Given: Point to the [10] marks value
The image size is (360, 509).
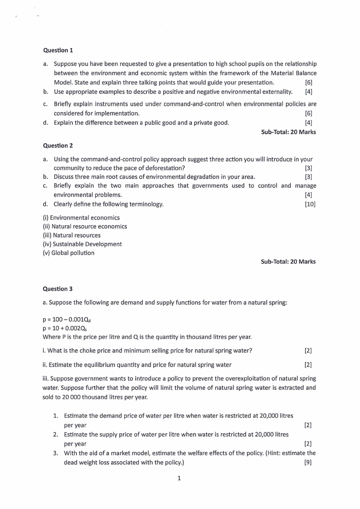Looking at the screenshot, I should [310, 204].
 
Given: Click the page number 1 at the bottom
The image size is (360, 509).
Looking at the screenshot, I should [180, 478].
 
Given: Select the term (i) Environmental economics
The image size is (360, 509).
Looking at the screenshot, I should [81, 218].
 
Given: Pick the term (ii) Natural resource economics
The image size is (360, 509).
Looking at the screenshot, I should [85, 226].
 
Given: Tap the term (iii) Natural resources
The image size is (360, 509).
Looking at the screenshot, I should [72, 235].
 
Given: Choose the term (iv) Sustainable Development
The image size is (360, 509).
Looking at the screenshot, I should [82, 244].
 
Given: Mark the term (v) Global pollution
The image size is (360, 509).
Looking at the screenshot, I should [68, 253].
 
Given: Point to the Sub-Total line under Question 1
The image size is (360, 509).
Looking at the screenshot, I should [288, 132].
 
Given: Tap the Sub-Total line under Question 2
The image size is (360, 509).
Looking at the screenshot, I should [288, 261].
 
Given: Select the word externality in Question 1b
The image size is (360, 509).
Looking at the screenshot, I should [275, 92].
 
